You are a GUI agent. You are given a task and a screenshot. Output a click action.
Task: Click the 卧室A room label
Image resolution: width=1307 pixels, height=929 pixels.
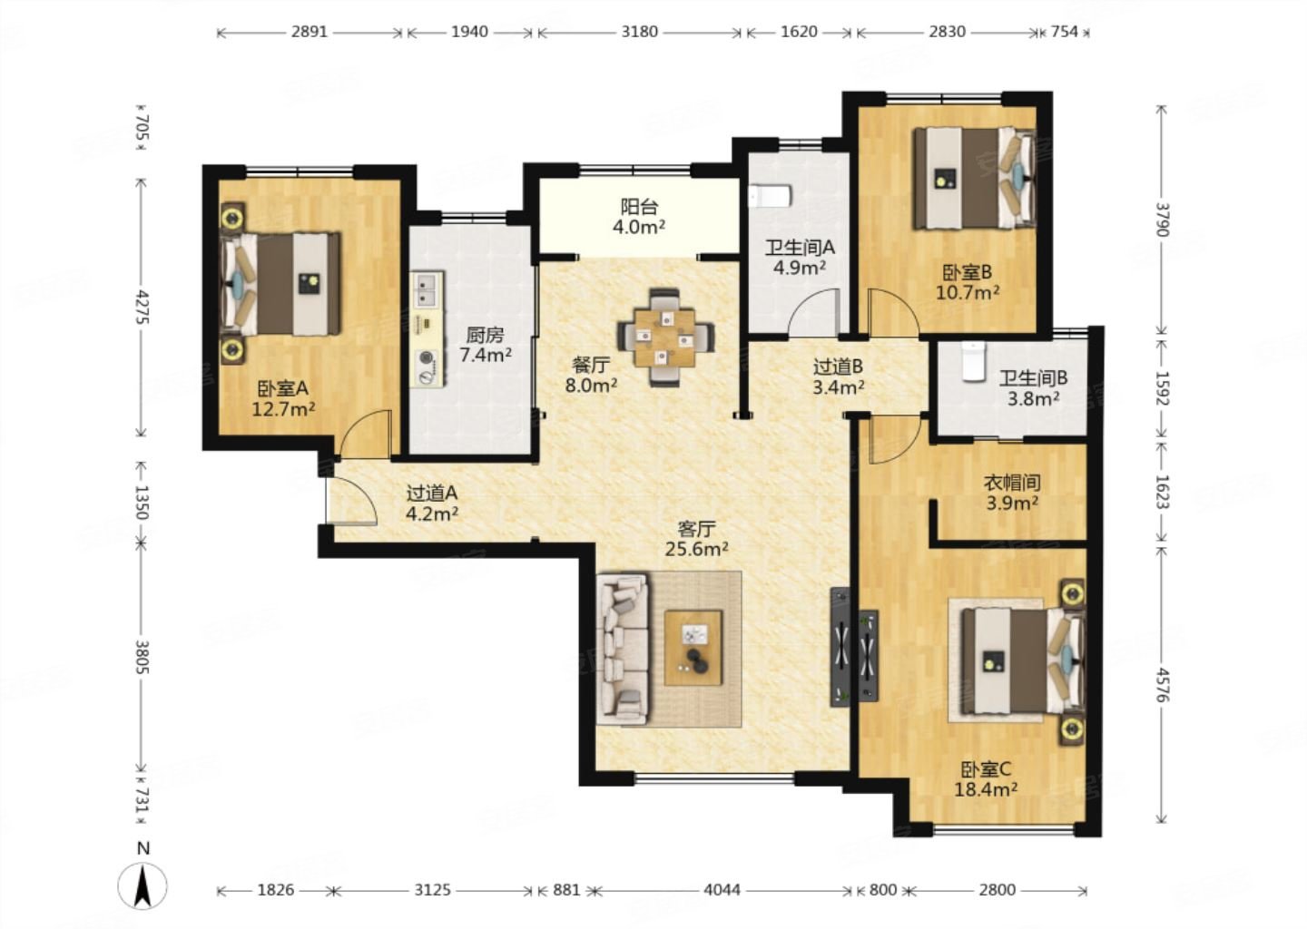tap(283, 387)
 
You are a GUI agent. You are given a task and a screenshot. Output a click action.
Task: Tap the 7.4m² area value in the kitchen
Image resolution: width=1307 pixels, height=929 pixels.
tap(486, 355)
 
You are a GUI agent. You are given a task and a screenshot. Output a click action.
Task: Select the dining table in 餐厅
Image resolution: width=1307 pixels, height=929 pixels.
tap(666, 337)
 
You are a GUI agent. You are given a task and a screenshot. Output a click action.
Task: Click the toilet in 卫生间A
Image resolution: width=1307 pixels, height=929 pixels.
tap(770, 196)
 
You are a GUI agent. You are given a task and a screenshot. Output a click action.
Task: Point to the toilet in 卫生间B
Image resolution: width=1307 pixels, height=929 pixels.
tap(973, 361)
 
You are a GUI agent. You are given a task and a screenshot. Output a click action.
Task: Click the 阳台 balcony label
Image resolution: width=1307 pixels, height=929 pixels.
tap(639, 207)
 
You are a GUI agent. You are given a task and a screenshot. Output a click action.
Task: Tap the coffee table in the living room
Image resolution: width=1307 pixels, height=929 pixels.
tap(693, 648)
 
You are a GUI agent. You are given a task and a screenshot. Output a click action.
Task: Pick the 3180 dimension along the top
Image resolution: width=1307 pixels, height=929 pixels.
tap(639, 32)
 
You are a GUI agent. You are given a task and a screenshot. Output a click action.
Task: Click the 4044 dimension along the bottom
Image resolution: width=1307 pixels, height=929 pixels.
tap(722, 890)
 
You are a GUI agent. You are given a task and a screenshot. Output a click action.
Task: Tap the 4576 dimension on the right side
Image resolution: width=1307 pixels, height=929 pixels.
tap(1163, 684)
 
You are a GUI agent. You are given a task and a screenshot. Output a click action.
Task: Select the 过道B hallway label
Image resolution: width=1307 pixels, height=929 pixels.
tap(839, 367)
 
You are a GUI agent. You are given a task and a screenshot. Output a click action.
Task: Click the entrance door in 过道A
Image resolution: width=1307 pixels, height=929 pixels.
tap(352, 501)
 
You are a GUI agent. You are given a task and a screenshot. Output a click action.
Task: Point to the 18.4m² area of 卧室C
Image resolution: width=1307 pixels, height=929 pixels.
tap(986, 789)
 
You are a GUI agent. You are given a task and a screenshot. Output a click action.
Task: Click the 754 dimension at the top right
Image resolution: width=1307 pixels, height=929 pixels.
tap(1065, 32)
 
